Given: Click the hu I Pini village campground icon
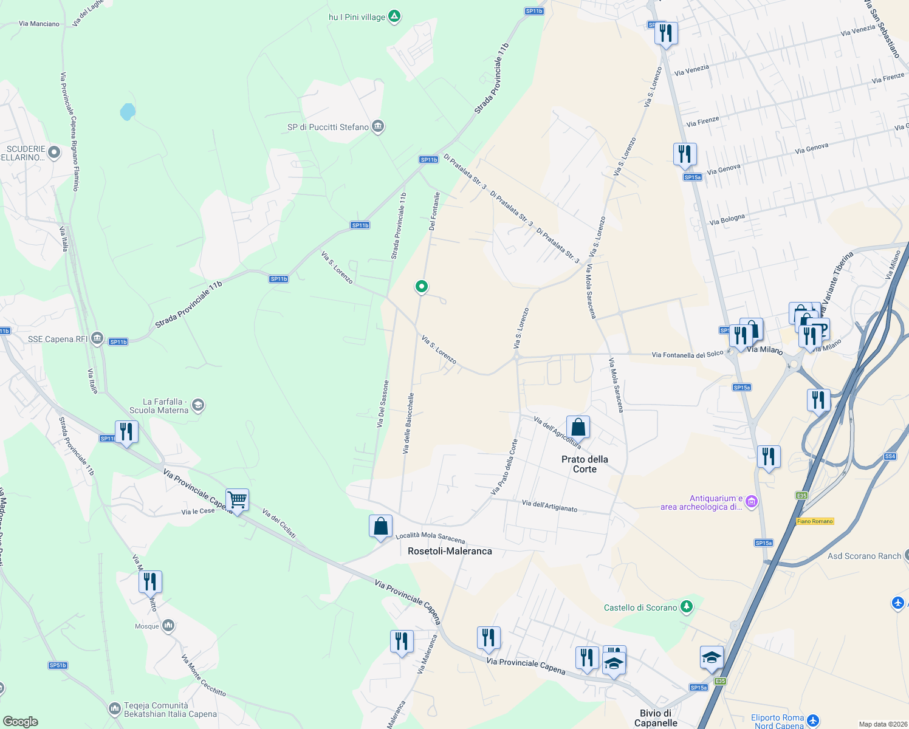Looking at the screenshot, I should click(394, 16).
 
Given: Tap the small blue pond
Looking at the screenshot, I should click(128, 112).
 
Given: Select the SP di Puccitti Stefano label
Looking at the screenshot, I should click(328, 127).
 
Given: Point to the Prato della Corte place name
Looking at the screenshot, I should click(585, 464).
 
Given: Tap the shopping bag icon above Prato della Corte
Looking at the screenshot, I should click(578, 427).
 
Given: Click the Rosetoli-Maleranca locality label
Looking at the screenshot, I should click(450, 551).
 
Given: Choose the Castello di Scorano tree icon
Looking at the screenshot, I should click(686, 607).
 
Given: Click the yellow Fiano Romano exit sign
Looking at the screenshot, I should click(815, 521).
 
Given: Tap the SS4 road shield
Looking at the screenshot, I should click(890, 456).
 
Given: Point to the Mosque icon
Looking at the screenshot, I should click(169, 625).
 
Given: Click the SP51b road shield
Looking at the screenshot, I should click(58, 665).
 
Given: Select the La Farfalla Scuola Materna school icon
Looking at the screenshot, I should click(197, 405).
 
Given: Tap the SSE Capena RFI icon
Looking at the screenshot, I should click(97, 339).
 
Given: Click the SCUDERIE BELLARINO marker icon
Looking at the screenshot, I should click(54, 152).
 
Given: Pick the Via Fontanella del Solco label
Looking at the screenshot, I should click(687, 354).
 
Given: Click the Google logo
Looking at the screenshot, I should click(21, 722).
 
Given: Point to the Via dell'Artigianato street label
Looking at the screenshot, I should click(549, 505).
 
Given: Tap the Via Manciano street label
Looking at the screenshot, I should click(39, 24).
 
